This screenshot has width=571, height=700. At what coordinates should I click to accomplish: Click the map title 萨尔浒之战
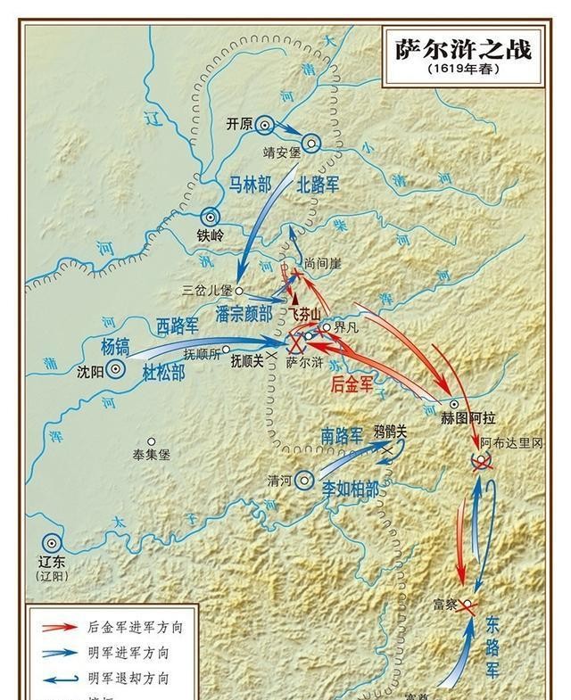tap(463, 48)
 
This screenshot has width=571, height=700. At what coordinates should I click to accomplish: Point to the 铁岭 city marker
tap(210, 216)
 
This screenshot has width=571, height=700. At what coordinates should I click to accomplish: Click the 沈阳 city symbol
tap(116, 369)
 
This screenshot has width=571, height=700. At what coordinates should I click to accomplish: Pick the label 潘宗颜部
tap(244, 313)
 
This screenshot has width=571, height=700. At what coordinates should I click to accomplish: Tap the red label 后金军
tap(356, 384)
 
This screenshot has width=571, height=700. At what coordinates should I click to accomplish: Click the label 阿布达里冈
tap(510, 443)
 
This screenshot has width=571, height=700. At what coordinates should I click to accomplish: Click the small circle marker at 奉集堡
tap(152, 441)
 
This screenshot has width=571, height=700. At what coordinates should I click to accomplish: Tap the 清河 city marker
tap(305, 479)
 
